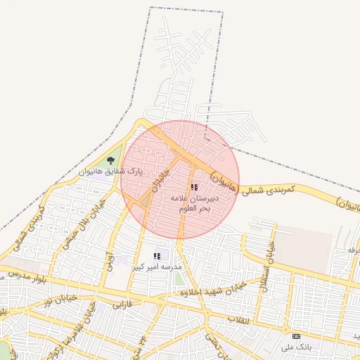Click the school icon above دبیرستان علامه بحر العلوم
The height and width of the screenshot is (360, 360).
pos(194,188)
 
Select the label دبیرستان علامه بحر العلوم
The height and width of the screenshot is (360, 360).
pos(195,204)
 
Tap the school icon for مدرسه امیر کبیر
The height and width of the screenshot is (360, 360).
pos(157,257)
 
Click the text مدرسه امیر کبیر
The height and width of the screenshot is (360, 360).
pos(162,268)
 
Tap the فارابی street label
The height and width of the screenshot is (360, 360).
pos(122,304)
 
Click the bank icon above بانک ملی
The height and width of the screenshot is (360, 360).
pos(295,336)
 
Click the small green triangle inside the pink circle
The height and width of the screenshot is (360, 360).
pos(145,201)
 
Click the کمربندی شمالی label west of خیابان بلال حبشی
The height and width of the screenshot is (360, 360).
pos(27,232)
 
